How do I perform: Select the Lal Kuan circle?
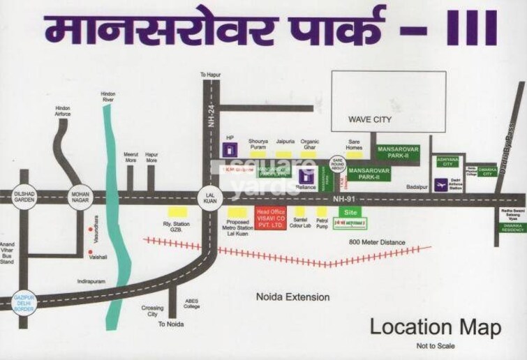coord(209,197)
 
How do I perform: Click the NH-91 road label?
coord(342,198)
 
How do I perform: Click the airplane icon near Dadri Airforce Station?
coord(440,185)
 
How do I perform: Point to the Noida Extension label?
coord(292,297)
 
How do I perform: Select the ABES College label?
coord(191,304)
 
